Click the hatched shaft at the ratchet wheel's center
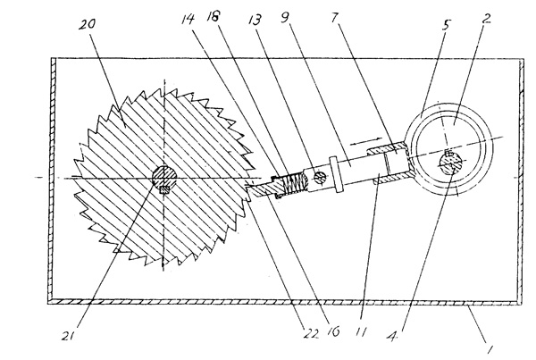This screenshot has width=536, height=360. [x=163, y=178]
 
